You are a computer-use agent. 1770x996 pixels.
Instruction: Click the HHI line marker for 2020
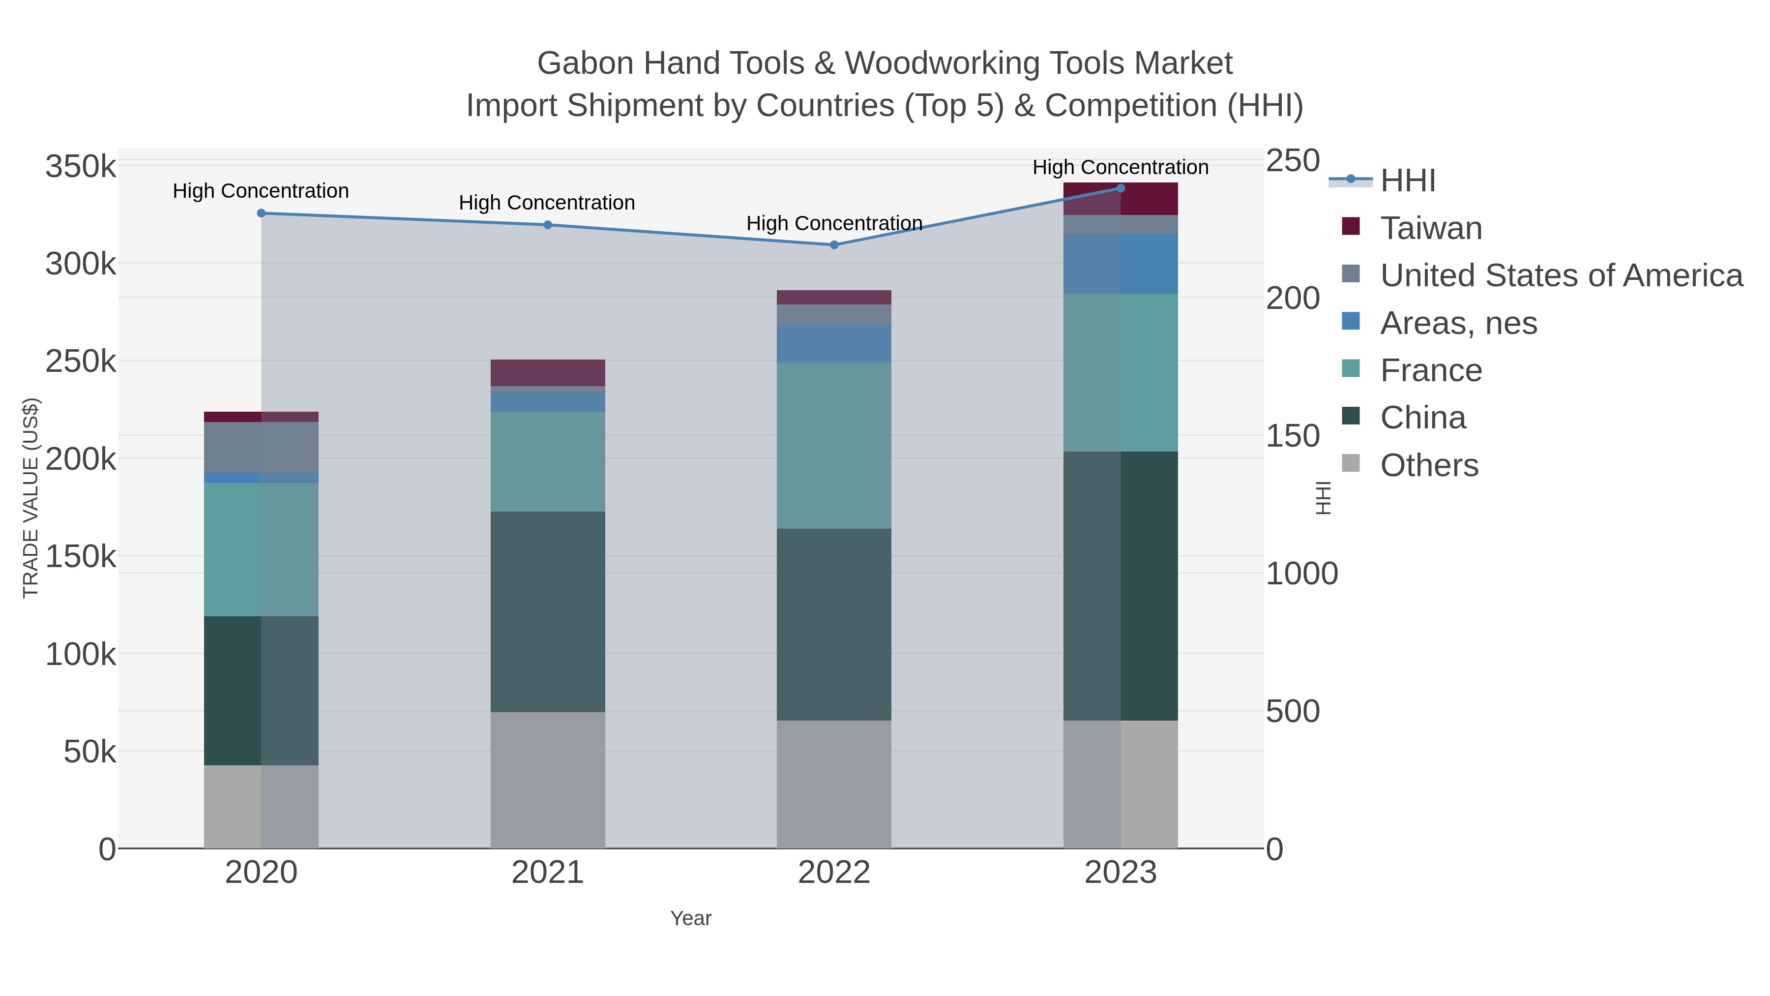tap(261, 213)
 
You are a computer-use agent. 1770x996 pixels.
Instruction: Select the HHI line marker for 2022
tap(834, 245)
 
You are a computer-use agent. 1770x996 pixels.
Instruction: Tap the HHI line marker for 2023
tap(1121, 188)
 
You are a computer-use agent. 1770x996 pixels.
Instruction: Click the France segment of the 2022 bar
tap(834, 446)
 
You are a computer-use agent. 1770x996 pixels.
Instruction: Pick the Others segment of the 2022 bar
tap(834, 784)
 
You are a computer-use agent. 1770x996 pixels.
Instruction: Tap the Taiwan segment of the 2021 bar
tap(548, 372)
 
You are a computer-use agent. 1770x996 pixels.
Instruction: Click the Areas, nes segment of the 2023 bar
tap(1121, 264)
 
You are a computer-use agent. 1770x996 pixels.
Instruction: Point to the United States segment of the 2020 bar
tap(261, 448)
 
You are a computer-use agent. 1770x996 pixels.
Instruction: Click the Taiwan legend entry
tap(1431, 228)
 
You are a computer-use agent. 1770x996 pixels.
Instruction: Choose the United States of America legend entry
tap(1561, 275)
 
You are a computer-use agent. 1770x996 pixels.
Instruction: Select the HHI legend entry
tap(1408, 181)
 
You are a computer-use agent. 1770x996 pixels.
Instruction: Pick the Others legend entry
tap(1429, 465)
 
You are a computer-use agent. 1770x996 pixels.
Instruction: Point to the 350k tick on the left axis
tap(81, 166)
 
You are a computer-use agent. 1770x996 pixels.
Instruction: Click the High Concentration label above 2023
tap(1120, 167)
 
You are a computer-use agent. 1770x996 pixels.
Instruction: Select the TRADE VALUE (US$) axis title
tap(31, 498)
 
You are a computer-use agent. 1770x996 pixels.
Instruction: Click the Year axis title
tap(691, 918)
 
